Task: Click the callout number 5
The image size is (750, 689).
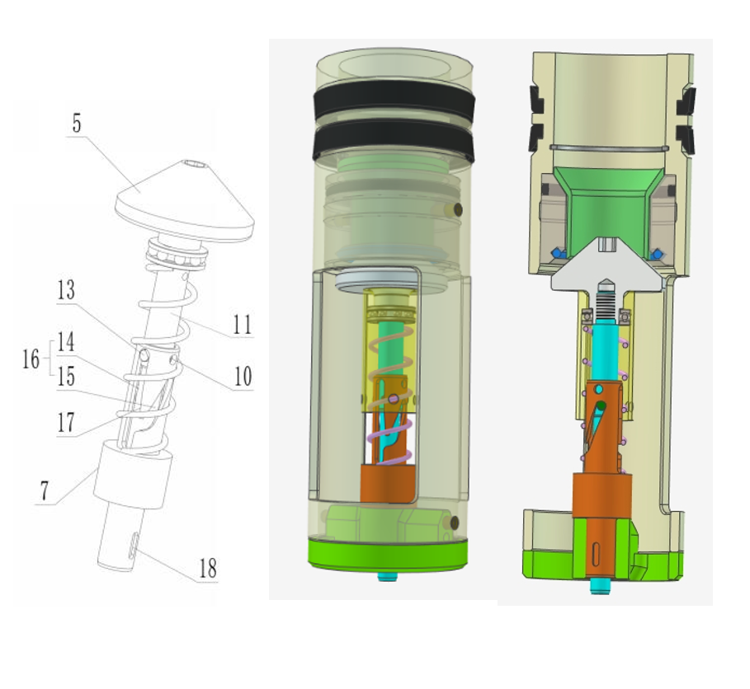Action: [77, 124]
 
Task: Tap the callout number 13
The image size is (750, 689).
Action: [66, 289]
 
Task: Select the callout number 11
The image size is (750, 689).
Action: [243, 325]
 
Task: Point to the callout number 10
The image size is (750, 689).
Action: [243, 376]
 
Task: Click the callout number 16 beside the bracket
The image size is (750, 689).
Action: [31, 359]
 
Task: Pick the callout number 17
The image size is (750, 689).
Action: [67, 422]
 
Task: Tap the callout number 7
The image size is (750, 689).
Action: [45, 490]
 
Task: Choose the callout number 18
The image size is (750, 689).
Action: [208, 568]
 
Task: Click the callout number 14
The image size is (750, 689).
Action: [66, 342]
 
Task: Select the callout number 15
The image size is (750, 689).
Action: [66, 377]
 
